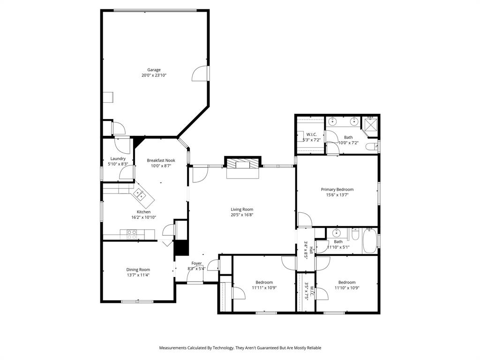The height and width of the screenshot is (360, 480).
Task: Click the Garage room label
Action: click(x=154, y=70)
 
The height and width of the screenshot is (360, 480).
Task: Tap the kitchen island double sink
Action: click(x=139, y=194)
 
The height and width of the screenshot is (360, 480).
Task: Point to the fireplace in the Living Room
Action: click(x=242, y=164)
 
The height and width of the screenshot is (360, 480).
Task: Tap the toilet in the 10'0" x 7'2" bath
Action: click(x=372, y=147)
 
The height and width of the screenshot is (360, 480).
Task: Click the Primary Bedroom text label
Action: click(x=337, y=189)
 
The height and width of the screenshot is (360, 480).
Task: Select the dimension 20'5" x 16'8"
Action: click(x=242, y=215)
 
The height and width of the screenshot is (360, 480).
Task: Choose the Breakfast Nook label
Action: click(x=161, y=160)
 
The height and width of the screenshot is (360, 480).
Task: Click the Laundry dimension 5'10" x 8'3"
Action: click(x=118, y=164)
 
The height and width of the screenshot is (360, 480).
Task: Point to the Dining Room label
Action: click(x=138, y=270)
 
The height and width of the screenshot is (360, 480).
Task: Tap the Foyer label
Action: click(x=196, y=263)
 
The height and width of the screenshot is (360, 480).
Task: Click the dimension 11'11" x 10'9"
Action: click(x=264, y=288)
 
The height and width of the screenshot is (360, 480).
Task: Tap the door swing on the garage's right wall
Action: click(x=201, y=74)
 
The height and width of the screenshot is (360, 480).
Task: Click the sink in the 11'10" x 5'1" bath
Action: click(x=336, y=233)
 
